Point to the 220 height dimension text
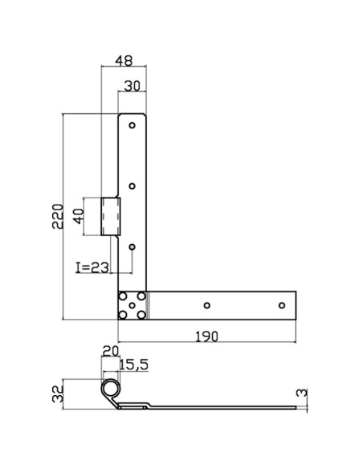[x=57, y=215]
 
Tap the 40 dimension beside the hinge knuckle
[x=79, y=217]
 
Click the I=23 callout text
[x=92, y=268]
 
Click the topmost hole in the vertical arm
[x=133, y=126]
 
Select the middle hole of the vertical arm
[x=133, y=186]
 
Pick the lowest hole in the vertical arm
[x=133, y=247]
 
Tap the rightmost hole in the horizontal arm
[x=281, y=305]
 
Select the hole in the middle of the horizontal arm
[x=206, y=305]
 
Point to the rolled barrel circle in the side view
[x=108, y=389]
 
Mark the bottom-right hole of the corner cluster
[x=141, y=316]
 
